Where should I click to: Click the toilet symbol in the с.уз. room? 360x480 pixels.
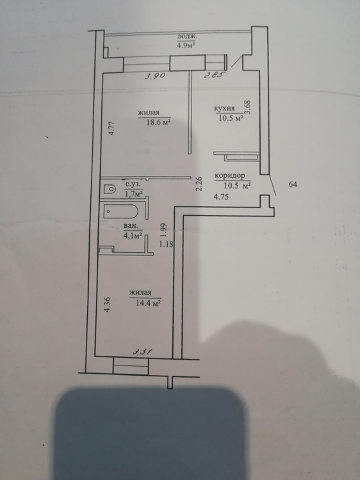[x=110, y=189]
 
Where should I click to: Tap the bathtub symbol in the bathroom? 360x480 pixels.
[x=121, y=211]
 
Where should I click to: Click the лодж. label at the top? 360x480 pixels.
[x=187, y=36]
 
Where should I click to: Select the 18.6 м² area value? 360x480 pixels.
[x=158, y=122]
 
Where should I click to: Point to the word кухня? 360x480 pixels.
[x=224, y=108]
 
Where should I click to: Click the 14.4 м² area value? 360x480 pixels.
[x=149, y=303]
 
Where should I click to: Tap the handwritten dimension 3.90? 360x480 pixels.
[x=155, y=76]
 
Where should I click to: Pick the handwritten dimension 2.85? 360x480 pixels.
[x=215, y=76]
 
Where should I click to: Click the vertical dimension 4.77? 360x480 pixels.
[x=112, y=129]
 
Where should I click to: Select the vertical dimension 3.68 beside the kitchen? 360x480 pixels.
[x=248, y=108]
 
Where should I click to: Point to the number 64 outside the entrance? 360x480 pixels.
[x=293, y=184]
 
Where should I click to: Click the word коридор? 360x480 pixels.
[x=230, y=176]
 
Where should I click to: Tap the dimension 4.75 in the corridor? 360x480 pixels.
[x=221, y=197]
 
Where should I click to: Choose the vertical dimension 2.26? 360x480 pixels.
[x=199, y=184]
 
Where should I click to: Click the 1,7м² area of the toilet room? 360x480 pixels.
[x=134, y=193]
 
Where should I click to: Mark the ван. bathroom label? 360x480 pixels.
[x=131, y=227]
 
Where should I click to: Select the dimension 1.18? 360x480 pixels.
[x=167, y=244]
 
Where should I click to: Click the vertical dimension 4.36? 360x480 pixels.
[x=107, y=305]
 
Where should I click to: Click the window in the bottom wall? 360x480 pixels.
[x=131, y=365]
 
